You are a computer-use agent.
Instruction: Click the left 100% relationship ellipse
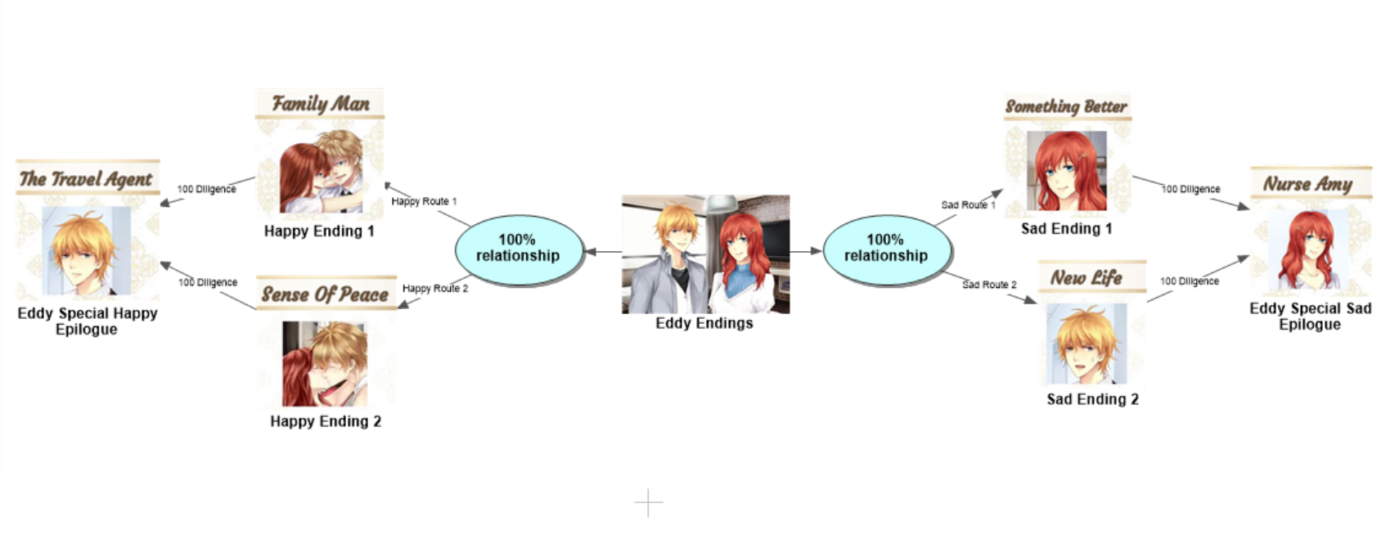(518, 248)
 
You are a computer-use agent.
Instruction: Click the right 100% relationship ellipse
(886, 248)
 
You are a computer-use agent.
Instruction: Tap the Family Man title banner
(320, 104)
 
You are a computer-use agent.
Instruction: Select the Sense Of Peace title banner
(325, 294)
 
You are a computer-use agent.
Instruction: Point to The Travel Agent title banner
(86, 178)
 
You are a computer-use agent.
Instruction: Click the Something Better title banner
(1066, 106)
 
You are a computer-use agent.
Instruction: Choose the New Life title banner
(1086, 278)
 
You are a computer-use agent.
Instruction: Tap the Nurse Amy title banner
(1308, 184)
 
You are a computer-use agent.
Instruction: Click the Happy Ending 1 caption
(319, 231)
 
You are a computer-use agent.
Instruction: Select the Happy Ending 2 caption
(326, 421)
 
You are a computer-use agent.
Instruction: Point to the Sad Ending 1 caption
(1066, 229)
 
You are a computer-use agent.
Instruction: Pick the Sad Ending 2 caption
(1092, 399)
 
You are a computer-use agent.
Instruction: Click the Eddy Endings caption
(704, 323)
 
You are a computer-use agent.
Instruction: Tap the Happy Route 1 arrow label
(424, 201)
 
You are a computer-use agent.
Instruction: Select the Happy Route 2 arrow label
(435, 289)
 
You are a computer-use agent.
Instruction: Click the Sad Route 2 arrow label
(989, 285)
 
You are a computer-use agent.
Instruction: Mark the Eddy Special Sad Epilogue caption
(1310, 316)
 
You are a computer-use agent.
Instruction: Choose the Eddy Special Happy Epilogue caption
(87, 321)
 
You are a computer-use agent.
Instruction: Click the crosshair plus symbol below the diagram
(648, 503)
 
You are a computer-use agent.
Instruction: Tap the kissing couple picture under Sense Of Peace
(325, 364)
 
